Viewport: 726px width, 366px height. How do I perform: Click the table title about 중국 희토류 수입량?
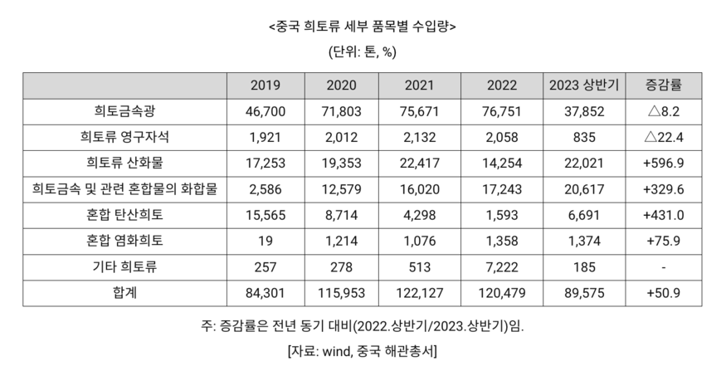coord(363,26)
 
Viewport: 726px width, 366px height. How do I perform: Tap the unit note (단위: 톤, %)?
coord(363,52)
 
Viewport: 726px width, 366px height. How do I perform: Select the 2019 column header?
coord(266,86)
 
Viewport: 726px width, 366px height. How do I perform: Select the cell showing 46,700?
coord(266,110)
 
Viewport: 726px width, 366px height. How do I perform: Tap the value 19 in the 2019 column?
coord(266,241)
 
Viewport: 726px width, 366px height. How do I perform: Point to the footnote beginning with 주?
coord(363,325)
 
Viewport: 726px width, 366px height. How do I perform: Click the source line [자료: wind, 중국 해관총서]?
coord(363,349)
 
